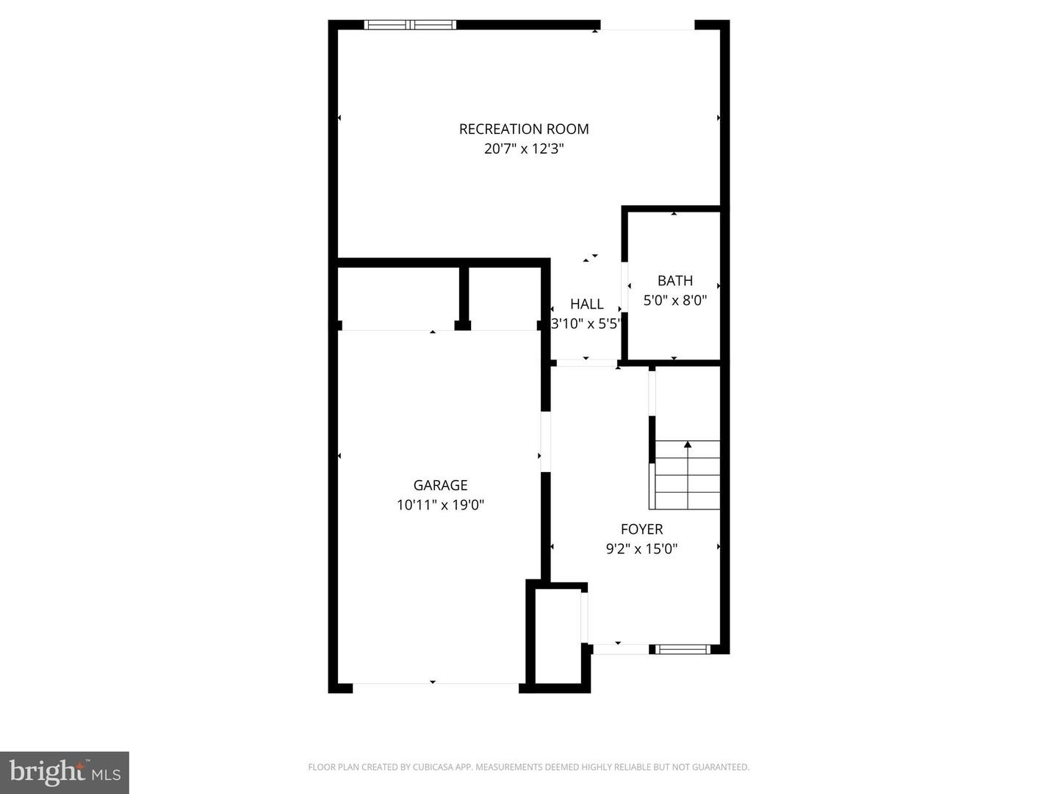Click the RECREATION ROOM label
[x=524, y=129]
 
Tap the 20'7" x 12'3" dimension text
[x=524, y=149]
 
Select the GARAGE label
[x=440, y=485]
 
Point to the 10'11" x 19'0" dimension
[x=440, y=505]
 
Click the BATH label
[x=674, y=281]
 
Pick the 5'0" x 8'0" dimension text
[x=674, y=301]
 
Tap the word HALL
[x=586, y=304]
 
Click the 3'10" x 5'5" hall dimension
[x=586, y=323]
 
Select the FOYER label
[x=641, y=529]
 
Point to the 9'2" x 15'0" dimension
[x=641, y=548]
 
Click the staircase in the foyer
[x=685, y=475]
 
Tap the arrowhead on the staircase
[x=688, y=444]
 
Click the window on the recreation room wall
[x=410, y=24]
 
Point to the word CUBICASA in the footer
[x=431, y=767]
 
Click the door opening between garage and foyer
[x=546, y=442]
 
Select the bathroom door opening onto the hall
[x=625, y=287]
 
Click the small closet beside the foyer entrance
[x=558, y=636]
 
